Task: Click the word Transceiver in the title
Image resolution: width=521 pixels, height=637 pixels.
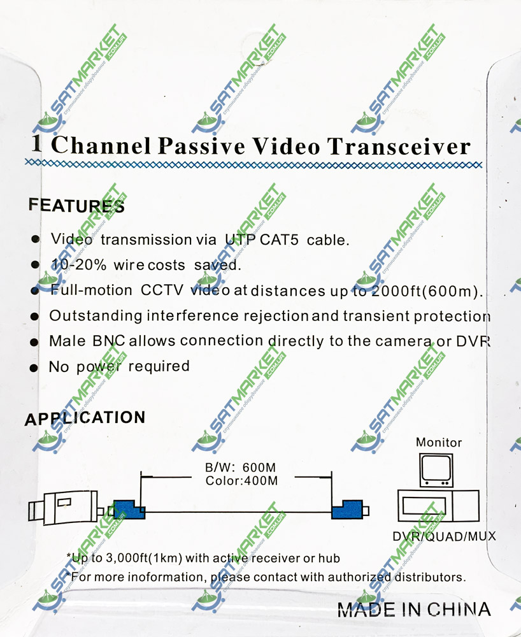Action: coord(399,147)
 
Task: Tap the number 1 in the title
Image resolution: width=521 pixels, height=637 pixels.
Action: coord(37,144)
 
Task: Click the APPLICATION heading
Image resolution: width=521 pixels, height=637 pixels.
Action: coord(85,419)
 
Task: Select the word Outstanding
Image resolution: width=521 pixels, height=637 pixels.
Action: coord(95,316)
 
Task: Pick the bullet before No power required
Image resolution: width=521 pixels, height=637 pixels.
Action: coord(36,368)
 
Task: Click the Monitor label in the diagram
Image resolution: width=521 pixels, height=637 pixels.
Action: coord(439,442)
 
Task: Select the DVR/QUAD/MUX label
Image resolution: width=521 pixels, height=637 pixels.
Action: coord(443,536)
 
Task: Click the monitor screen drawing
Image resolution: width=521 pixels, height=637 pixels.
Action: coord(436,468)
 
